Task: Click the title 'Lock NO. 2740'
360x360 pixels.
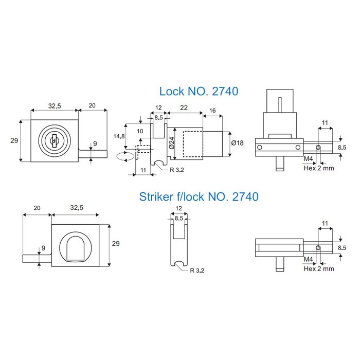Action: pyautogui.click(x=199, y=92)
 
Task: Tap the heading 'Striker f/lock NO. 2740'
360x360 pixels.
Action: pyautogui.click(x=199, y=197)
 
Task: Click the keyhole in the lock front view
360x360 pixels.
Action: pyautogui.click(x=55, y=140)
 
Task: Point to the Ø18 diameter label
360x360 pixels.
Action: pyautogui.click(x=238, y=143)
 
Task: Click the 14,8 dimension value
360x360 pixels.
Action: pyautogui.click(x=119, y=136)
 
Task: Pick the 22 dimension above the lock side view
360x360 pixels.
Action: pyautogui.click(x=184, y=107)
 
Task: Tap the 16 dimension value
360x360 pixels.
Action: pyautogui.click(x=212, y=111)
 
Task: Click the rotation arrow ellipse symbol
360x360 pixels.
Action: pyautogui.click(x=125, y=156)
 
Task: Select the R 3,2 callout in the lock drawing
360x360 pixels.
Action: pyautogui.click(x=177, y=170)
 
